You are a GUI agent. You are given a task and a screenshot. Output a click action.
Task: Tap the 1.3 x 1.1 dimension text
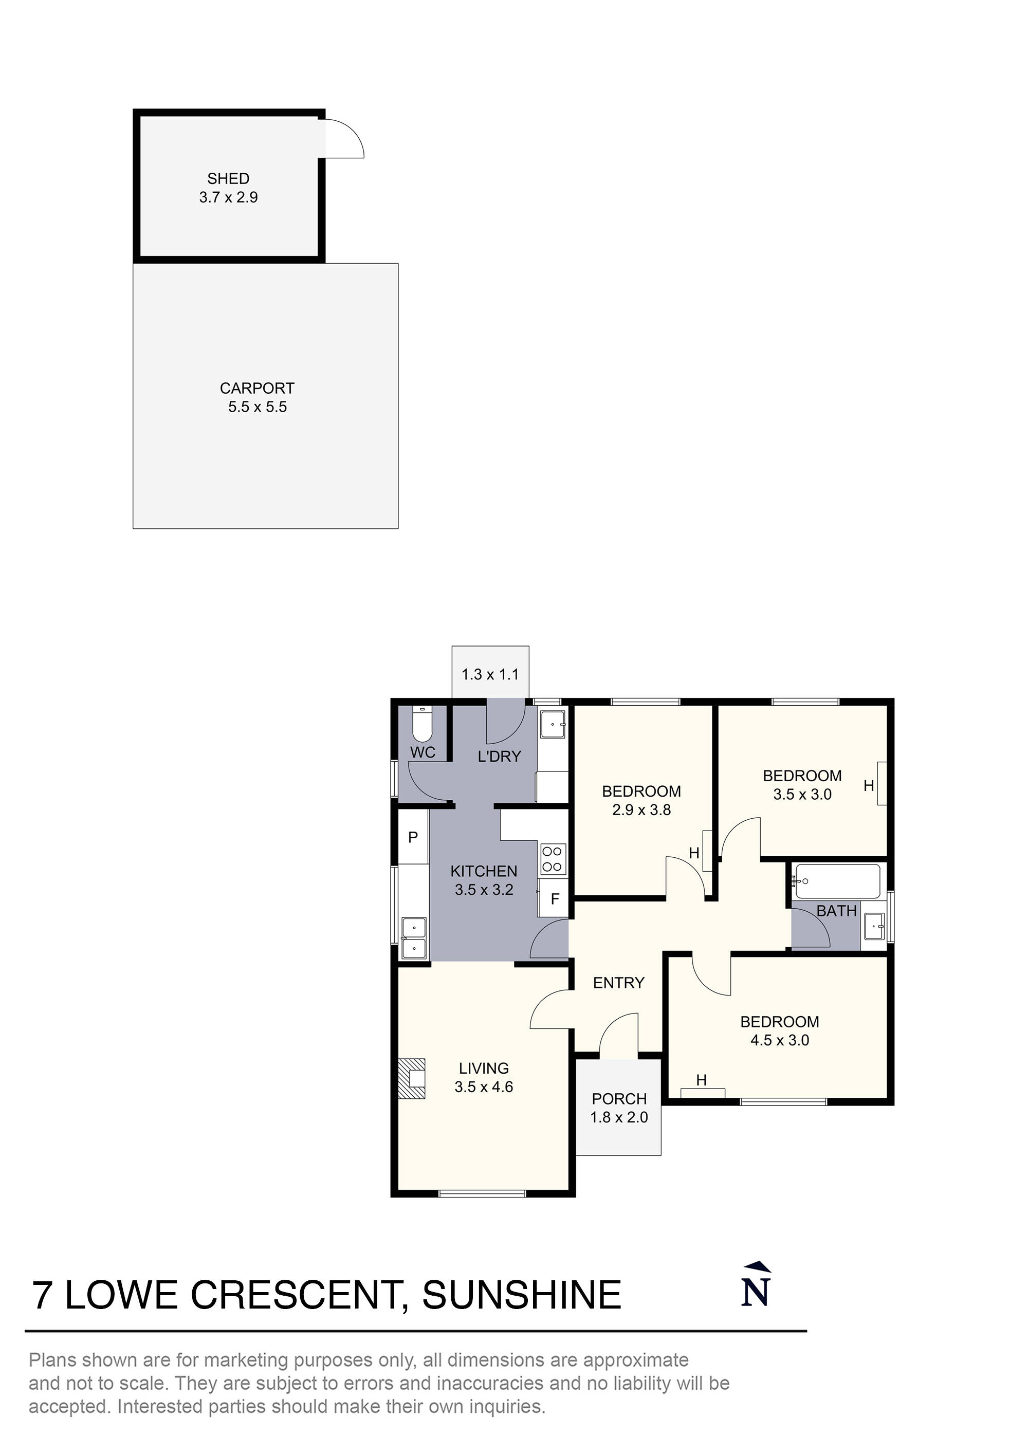490,674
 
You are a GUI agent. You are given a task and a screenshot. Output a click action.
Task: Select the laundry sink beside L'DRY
554,723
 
